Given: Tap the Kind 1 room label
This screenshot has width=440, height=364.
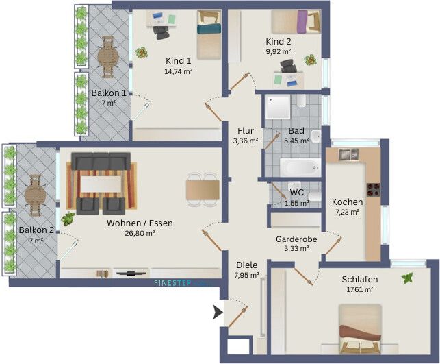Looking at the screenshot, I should (x=177, y=60).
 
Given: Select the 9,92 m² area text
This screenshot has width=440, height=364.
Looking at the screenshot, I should (x=279, y=51).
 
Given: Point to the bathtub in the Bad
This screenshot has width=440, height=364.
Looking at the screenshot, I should (x=299, y=167).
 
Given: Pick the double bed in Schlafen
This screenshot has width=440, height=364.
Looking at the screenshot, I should (x=360, y=329).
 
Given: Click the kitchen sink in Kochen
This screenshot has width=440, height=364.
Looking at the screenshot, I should (x=350, y=156).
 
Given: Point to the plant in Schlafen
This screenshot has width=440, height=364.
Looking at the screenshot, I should (x=409, y=278).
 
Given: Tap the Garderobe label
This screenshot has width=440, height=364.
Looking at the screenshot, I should (x=294, y=239).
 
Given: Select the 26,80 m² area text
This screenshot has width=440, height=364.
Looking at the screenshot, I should (x=140, y=233).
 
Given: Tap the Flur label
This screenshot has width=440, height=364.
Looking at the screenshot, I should (x=246, y=130).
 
